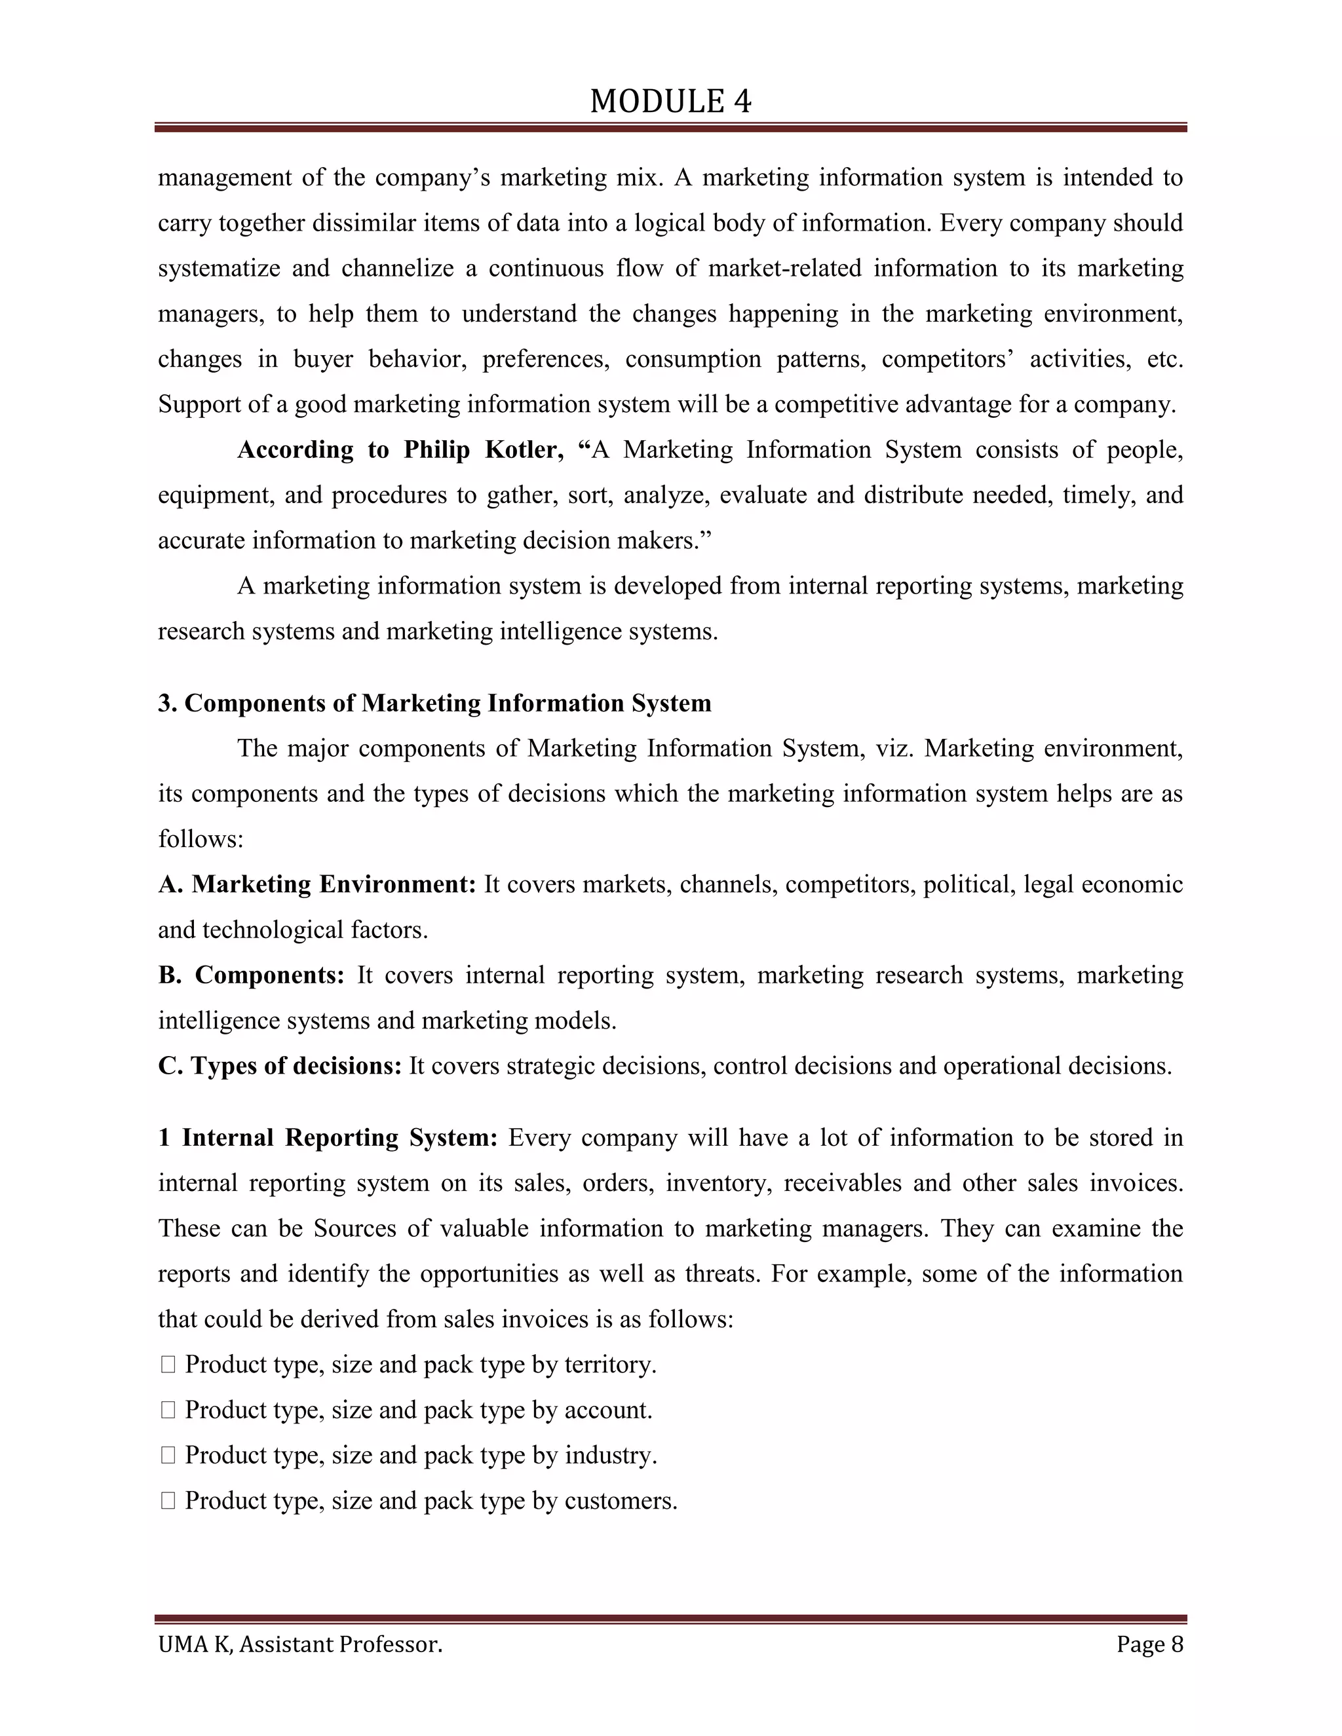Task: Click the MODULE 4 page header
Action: pyautogui.click(x=670, y=102)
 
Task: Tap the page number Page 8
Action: pyautogui.click(x=1149, y=1644)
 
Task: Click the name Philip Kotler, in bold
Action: pyautogui.click(x=484, y=450)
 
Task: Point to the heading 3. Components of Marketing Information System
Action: pyautogui.click(x=434, y=704)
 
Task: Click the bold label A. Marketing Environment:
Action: pyautogui.click(x=316, y=884)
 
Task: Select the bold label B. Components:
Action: pyautogui.click(x=250, y=975)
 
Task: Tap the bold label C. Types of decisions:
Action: pyautogui.click(x=280, y=1066)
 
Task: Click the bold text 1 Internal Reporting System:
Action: pyautogui.click(x=328, y=1139)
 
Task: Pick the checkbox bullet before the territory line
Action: pyautogui.click(x=168, y=1365)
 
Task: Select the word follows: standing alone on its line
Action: pyautogui.click(x=201, y=839)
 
